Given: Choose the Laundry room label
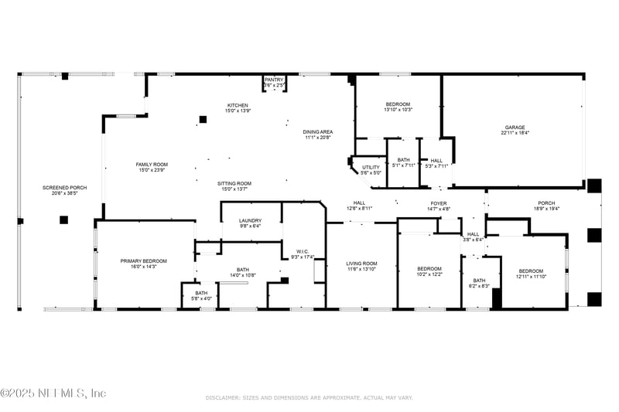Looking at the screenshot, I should click(250, 223).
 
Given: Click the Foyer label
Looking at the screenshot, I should click(439, 206).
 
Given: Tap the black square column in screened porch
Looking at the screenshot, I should click(63, 220).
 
